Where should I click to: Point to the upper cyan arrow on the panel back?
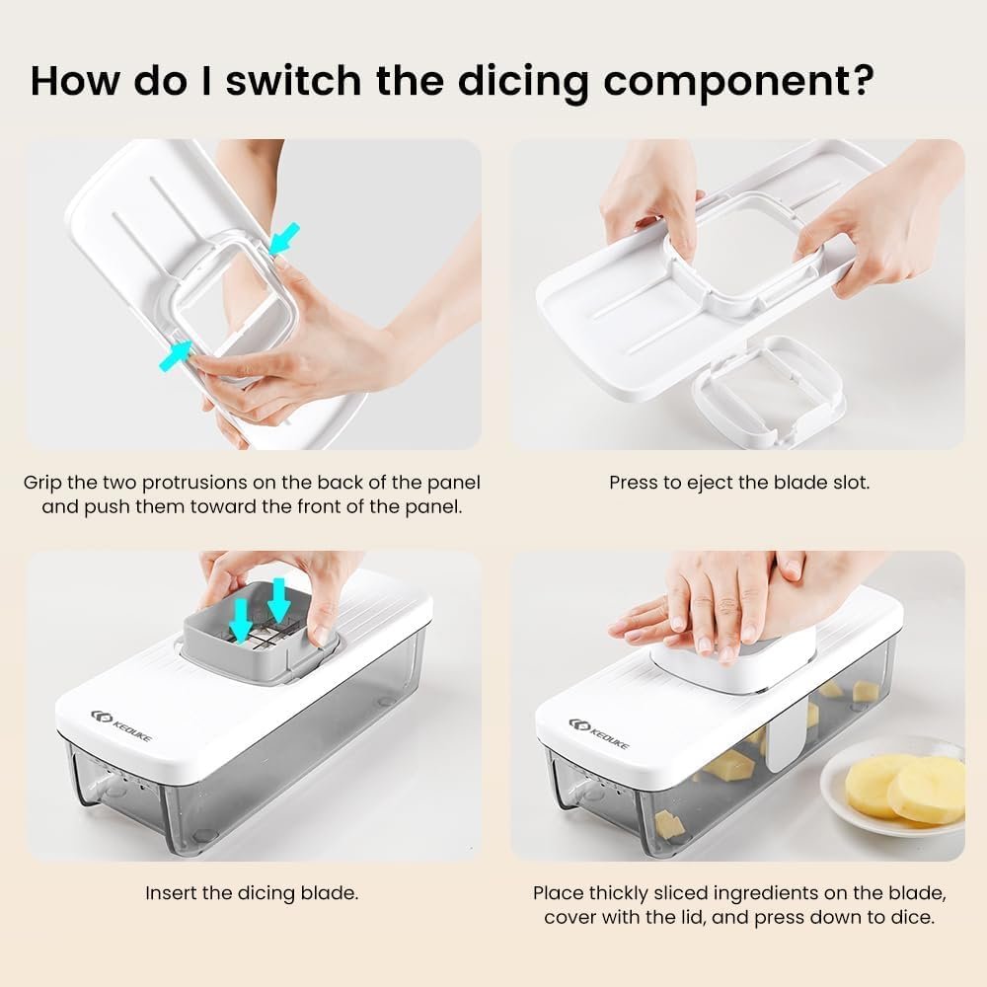tap(284, 239)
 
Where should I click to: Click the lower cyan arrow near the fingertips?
tap(175, 355)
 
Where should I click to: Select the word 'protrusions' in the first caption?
tap(194, 484)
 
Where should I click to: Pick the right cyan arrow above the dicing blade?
tap(279, 600)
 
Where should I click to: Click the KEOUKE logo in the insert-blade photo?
tap(121, 725)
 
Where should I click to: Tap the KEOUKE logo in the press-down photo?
tap(599, 733)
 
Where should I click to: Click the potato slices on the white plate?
tap(905, 788)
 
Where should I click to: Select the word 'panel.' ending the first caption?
tap(433, 507)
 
